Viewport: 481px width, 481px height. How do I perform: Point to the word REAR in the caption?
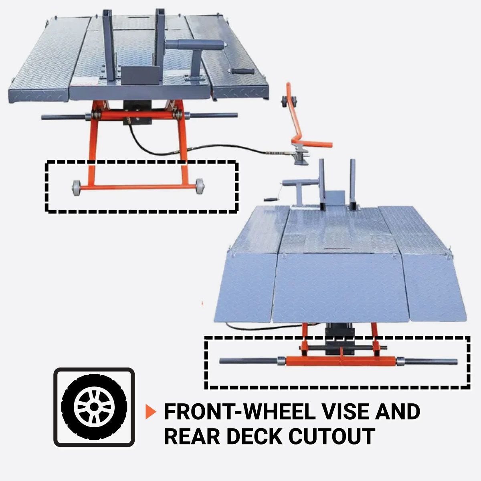(x=192, y=436)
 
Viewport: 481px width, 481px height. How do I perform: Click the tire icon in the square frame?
(x=94, y=407)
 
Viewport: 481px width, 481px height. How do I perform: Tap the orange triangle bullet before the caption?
(x=150, y=412)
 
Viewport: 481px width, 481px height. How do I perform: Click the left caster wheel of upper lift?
(x=75, y=187)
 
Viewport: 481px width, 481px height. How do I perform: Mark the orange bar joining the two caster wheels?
(x=136, y=187)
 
